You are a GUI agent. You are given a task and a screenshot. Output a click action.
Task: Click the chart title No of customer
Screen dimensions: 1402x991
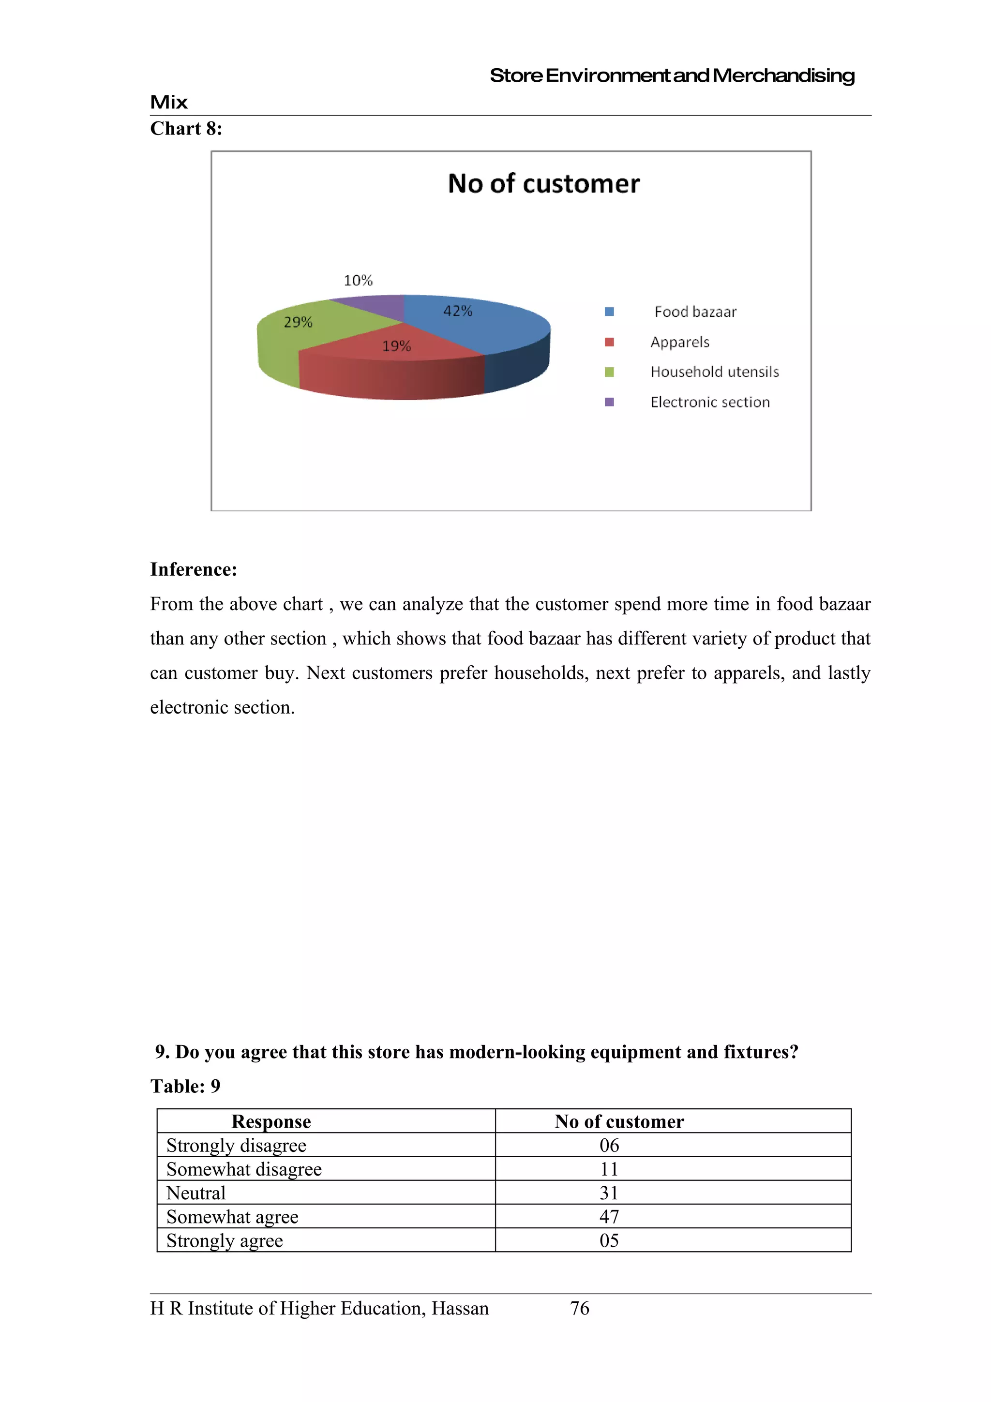coord(543,184)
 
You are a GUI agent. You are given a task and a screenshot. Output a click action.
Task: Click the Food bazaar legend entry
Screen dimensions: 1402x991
coord(695,312)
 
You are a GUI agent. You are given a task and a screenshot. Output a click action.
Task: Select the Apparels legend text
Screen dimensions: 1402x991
coord(679,342)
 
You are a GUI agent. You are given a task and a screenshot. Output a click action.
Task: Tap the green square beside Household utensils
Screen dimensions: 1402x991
coord(609,372)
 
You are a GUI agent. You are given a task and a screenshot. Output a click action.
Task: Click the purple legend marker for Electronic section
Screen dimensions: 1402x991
coord(609,402)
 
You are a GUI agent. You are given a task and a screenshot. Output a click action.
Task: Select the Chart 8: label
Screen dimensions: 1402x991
coord(186,128)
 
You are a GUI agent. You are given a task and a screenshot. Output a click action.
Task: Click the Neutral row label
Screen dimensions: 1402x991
coord(196,1193)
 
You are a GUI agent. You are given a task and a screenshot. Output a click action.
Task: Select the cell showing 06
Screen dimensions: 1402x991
coord(609,1145)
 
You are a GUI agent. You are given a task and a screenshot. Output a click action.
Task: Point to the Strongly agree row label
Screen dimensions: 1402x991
coord(225,1240)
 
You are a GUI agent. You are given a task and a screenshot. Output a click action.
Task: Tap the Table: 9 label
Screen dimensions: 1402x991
coord(185,1086)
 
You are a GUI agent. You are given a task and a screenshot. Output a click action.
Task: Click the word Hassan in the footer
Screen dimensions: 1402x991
coord(460,1309)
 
